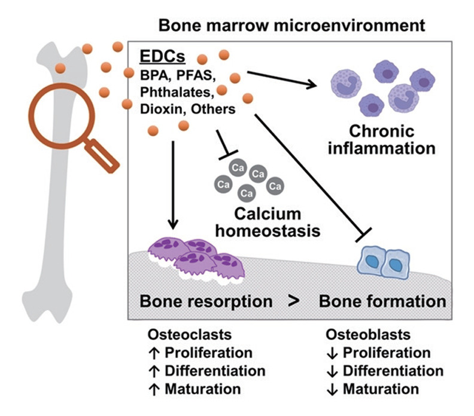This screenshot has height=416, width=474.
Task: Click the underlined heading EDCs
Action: [162, 56]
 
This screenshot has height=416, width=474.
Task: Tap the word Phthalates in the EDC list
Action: [177, 92]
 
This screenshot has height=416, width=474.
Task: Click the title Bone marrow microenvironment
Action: [291, 25]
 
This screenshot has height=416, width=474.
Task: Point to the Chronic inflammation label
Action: [381, 139]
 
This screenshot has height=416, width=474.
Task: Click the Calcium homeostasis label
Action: [268, 222]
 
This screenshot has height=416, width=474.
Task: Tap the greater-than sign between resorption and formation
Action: [293, 301]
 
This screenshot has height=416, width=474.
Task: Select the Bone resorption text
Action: [206, 301]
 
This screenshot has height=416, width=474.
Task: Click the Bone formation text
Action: [382, 301]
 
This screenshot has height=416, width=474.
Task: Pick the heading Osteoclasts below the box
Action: [190, 335]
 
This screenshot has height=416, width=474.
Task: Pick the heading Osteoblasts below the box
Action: [368, 335]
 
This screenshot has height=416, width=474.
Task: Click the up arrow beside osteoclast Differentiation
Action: [154, 371]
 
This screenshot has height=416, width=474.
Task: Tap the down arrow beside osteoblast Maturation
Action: [332, 390]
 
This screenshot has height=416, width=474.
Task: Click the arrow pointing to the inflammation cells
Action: [282, 79]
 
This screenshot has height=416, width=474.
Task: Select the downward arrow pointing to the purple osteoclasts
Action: [172, 185]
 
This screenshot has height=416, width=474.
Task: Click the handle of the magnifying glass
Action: [102, 156]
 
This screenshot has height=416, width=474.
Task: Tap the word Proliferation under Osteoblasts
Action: [387, 353]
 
